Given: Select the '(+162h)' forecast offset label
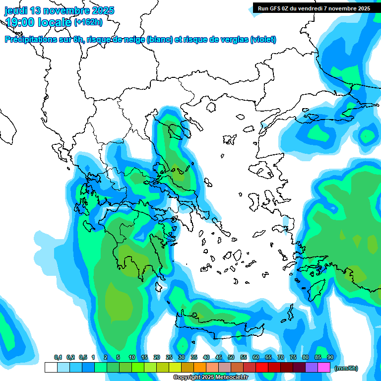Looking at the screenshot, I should [89, 22].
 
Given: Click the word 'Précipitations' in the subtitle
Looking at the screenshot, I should [31, 40].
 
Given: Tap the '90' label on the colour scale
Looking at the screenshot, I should [330, 357].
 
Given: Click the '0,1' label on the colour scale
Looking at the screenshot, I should [58, 357].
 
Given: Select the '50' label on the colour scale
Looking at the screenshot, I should [231, 357].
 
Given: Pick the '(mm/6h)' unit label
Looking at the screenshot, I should [346, 368].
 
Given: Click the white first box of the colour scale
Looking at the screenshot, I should [51, 367].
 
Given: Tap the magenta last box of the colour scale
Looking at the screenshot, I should [324, 367].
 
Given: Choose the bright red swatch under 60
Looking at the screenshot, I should [262, 367].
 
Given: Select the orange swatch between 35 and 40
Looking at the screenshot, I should [200, 367].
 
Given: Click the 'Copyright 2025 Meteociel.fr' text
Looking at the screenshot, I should [210, 377].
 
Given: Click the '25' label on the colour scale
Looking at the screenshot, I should [169, 357].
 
